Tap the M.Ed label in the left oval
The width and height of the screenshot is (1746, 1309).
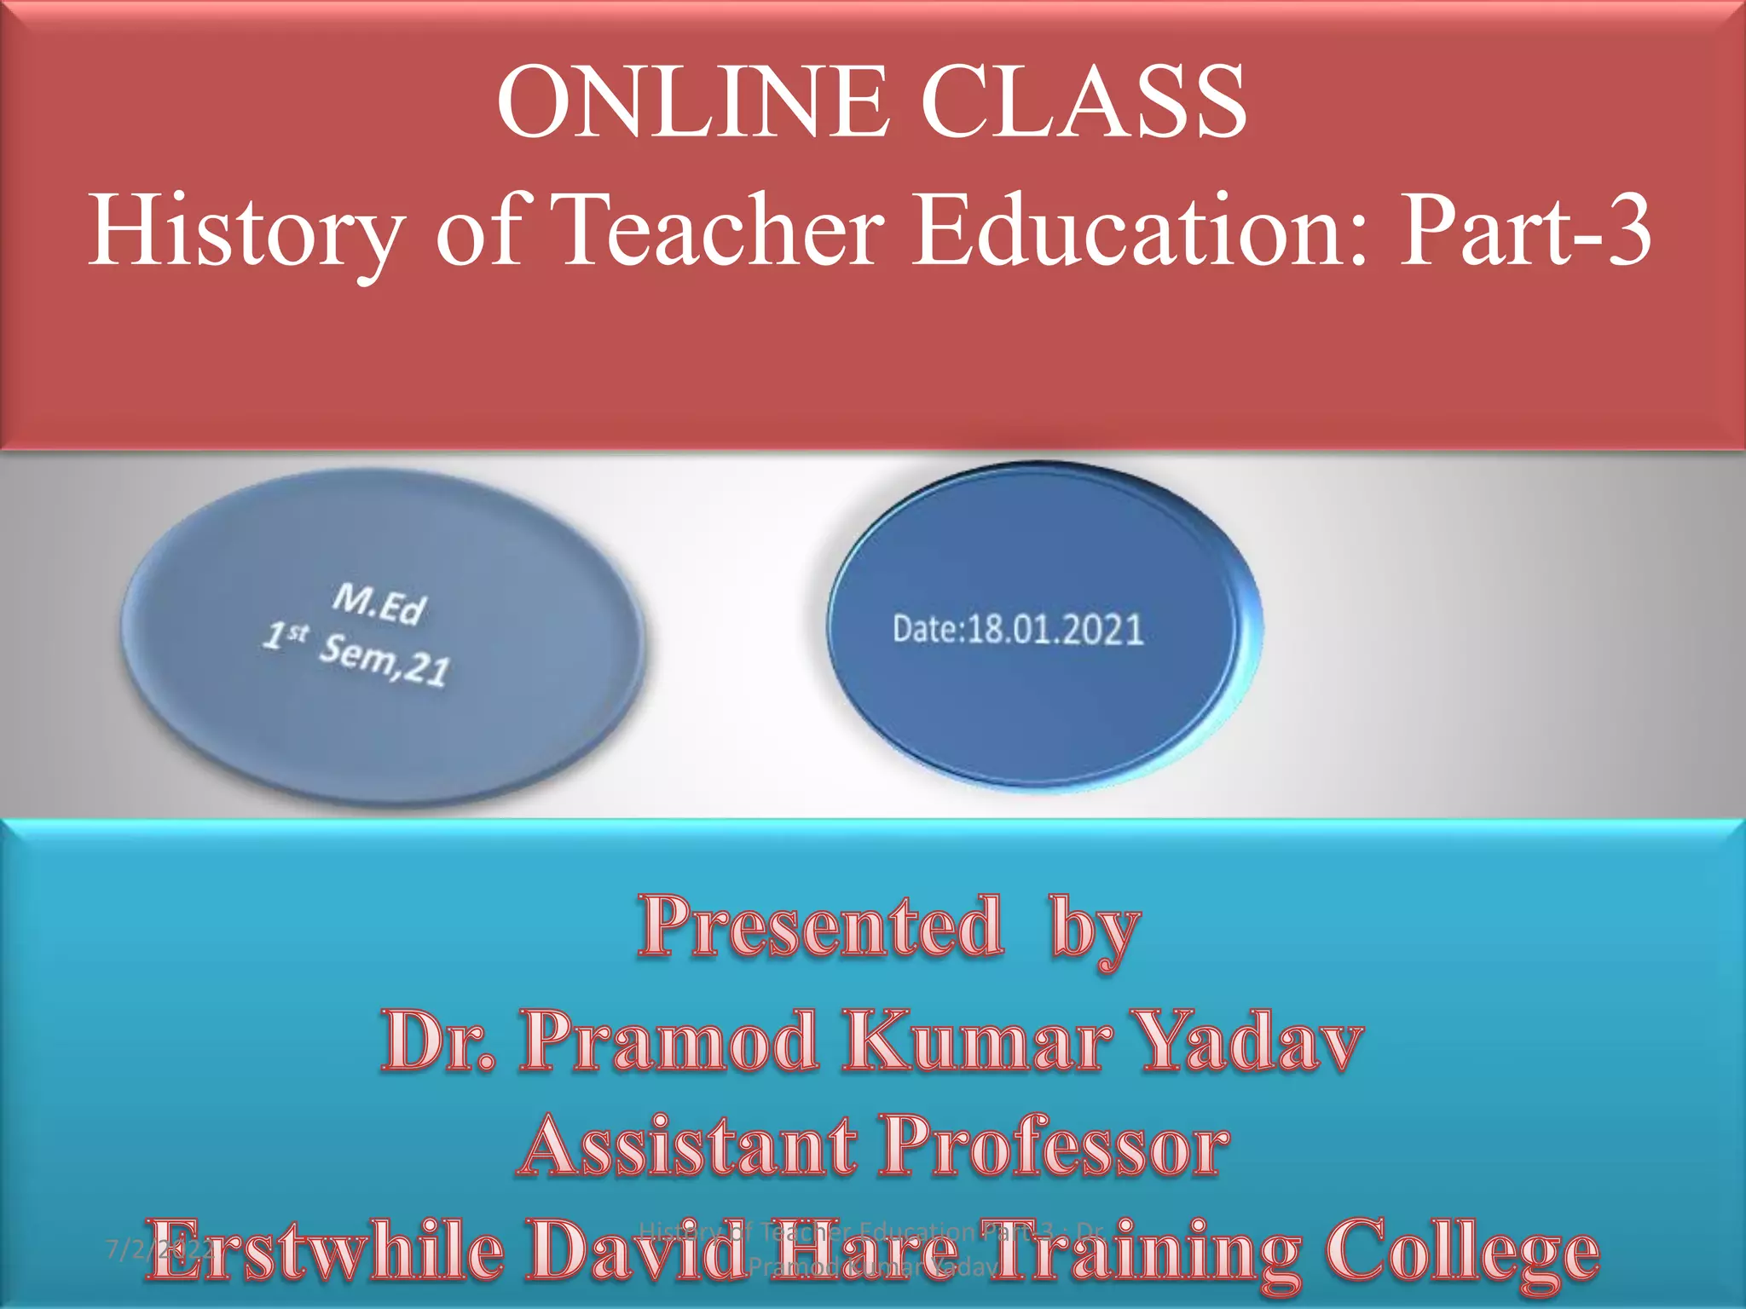pyautogui.click(x=379, y=604)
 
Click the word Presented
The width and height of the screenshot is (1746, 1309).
pyautogui.click(x=820, y=927)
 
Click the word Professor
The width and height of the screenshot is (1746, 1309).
pyautogui.click(x=1055, y=1147)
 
